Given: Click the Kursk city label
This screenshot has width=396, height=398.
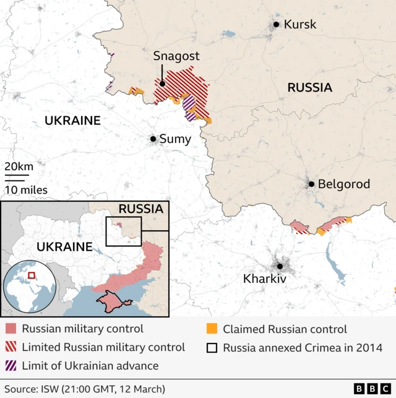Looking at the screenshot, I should tap(299, 25).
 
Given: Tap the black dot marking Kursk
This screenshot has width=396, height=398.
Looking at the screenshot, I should tap(276, 25).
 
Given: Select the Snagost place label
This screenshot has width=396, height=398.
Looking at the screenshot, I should tap(176, 56).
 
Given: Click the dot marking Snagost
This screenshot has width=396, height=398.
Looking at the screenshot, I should tap(162, 84).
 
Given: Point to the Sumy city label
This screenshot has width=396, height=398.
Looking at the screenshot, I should tap(175, 139).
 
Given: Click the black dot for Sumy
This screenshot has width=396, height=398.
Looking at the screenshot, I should tap(153, 139).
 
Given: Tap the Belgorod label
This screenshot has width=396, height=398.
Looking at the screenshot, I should tap(344, 184).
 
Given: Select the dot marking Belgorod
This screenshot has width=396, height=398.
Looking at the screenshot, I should tap(312, 184).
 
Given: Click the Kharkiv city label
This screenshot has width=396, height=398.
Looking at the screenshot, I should tap(265, 279).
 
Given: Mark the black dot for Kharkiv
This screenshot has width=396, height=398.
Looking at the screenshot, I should tap(280, 267).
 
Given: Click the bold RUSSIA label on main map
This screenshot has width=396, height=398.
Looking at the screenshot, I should tap(309, 88).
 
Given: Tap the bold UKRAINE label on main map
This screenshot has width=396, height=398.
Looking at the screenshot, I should tap(72, 121).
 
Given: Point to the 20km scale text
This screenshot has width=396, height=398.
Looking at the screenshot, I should tap(19, 167).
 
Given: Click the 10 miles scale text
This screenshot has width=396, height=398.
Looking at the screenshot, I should tap(25, 190).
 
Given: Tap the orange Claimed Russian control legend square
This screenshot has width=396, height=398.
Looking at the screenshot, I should tap(212, 329).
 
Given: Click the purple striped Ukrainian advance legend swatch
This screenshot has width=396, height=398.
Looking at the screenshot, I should tap(11, 366).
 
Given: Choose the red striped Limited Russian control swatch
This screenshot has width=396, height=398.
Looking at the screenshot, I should tap(11, 347).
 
